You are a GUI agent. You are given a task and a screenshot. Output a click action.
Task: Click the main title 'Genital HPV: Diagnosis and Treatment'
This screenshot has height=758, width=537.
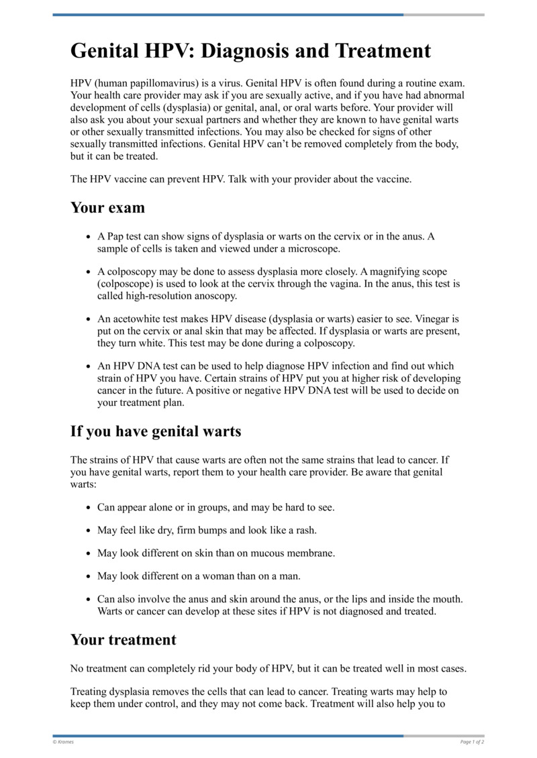coord(250,51)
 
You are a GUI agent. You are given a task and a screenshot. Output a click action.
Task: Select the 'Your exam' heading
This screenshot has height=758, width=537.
coord(107,207)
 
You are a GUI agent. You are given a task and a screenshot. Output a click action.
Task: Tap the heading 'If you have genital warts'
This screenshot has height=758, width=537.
coord(156,431)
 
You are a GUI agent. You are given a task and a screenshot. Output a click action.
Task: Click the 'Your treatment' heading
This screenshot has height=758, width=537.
coord(124,639)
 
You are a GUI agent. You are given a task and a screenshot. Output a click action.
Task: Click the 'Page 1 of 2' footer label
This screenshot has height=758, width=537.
coord(472,742)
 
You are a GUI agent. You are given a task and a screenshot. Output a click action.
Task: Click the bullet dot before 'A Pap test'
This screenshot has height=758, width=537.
coord(89,237)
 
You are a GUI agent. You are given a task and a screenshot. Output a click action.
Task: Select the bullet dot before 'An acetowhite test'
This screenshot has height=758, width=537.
coord(89,319)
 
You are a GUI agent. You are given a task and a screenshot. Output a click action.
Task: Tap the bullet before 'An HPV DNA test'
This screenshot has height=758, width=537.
coord(89,367)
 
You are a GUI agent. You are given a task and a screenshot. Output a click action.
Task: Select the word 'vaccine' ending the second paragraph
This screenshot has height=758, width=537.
coord(392,179)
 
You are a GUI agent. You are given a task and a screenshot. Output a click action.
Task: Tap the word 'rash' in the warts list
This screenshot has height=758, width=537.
coord(305,530)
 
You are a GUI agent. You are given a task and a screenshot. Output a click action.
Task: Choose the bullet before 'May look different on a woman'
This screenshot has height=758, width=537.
coord(89,577)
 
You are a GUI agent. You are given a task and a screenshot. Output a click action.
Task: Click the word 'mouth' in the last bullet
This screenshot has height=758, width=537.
coord(447,599)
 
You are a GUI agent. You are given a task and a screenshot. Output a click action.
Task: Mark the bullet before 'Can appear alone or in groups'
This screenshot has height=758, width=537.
coord(89,508)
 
